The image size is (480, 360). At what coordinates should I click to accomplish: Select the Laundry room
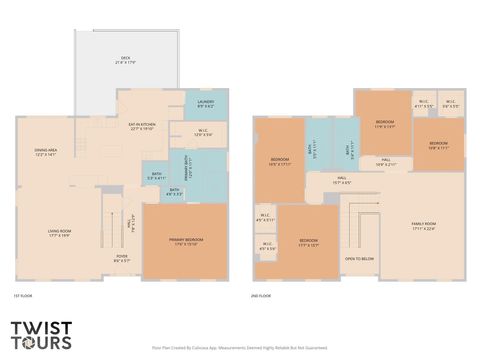coord(205,103)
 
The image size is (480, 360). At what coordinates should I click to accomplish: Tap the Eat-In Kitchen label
coord(141,127)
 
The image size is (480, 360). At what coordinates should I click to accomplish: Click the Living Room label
coord(58,233)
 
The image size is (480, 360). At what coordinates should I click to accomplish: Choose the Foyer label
coord(121,258)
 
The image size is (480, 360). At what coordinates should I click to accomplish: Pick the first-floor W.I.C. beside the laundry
coord(202,132)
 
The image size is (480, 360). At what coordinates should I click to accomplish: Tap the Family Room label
coord(424,225)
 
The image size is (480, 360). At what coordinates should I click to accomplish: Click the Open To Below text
coord(360,258)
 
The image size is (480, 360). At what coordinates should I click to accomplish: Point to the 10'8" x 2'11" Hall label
coord(386,162)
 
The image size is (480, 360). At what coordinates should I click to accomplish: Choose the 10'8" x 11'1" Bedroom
coord(439,145)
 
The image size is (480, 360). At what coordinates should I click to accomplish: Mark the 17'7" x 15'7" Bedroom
coord(309,242)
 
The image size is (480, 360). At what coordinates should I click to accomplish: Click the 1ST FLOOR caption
coord(23,296)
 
